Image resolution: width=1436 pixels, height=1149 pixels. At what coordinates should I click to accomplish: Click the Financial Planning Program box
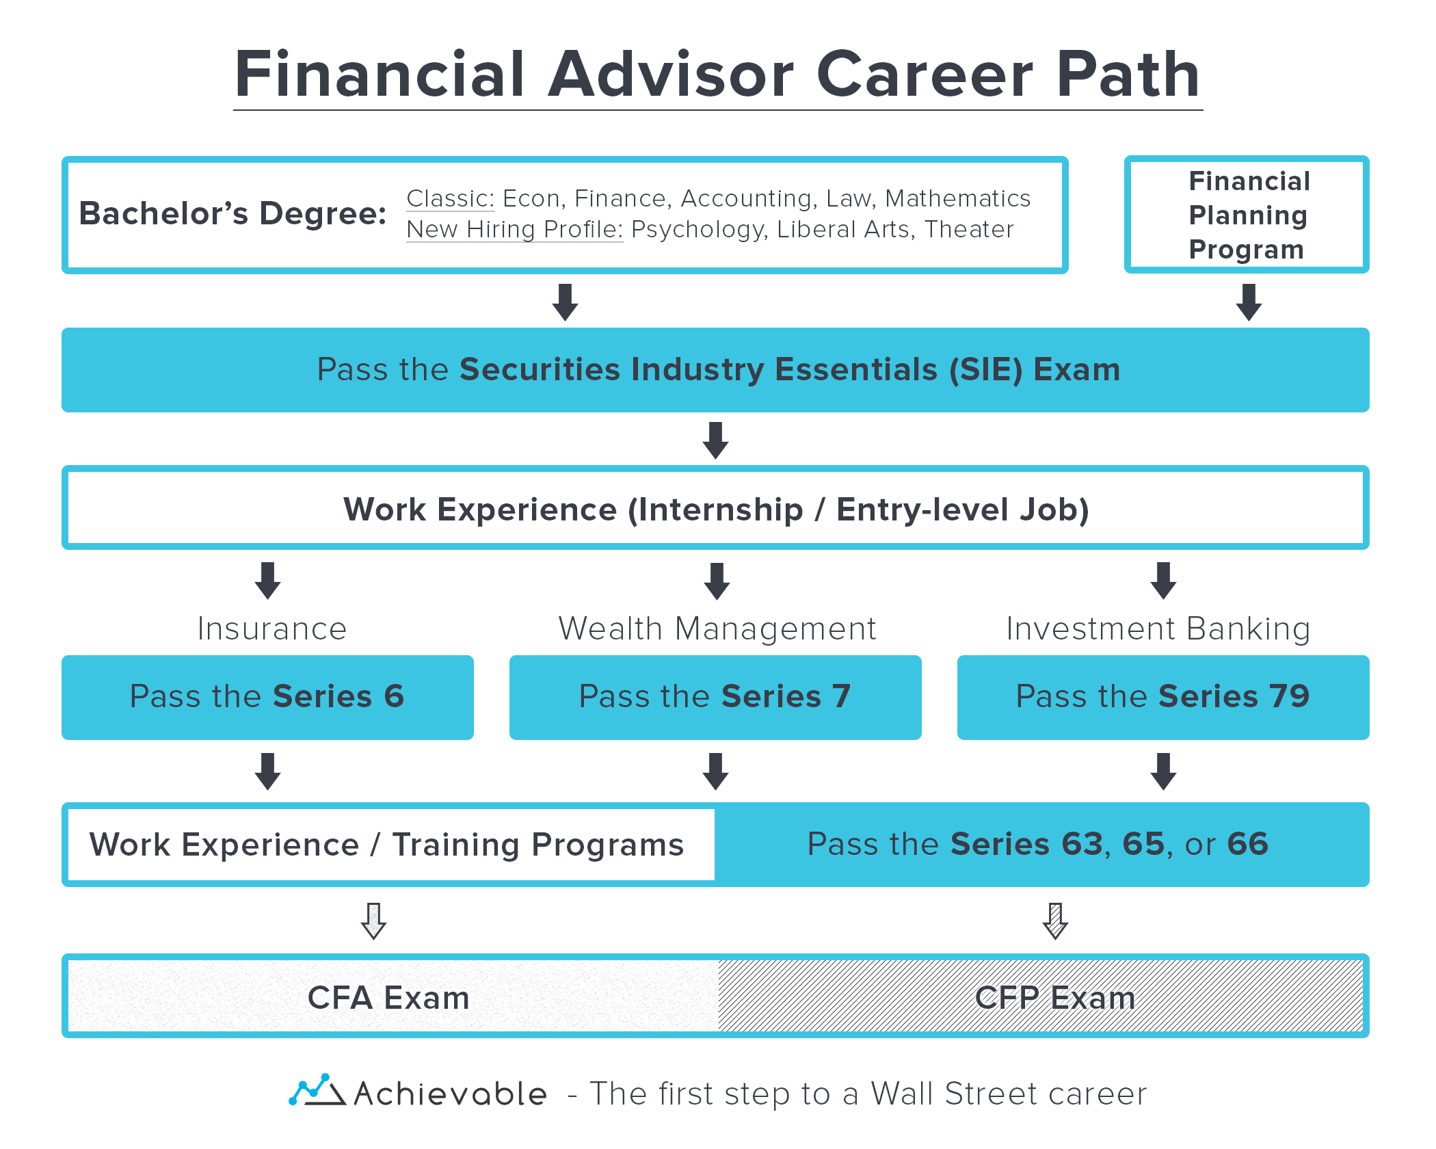tap(1247, 215)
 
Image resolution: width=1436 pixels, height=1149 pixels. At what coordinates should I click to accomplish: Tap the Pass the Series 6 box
tap(267, 697)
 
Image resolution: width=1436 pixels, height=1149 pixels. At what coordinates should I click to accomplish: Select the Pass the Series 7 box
tap(715, 697)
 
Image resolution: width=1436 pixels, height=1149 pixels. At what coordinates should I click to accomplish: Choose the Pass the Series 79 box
tap(1162, 697)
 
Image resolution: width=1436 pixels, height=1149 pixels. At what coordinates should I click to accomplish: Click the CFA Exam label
tap(388, 998)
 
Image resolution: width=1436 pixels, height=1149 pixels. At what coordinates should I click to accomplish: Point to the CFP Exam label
tap(1055, 998)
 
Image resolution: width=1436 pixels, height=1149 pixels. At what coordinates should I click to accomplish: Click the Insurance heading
tap(272, 629)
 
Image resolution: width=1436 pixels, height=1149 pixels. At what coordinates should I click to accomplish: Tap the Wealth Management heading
tap(717, 629)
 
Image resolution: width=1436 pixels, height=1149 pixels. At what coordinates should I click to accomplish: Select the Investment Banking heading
tap(1158, 629)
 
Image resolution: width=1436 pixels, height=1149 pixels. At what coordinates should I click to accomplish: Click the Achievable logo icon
tap(316, 1090)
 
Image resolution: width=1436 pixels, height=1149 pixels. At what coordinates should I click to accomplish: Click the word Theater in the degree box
tap(969, 230)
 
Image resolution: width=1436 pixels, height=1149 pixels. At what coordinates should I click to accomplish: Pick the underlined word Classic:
tap(450, 198)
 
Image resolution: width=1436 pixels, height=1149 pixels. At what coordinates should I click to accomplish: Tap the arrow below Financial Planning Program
tap(1249, 302)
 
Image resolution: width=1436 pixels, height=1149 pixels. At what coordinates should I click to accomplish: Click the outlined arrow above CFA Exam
tap(373, 921)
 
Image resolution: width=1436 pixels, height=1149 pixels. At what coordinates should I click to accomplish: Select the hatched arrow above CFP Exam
tap(1055, 921)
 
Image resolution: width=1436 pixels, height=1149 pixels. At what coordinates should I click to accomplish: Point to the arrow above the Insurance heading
tap(267, 581)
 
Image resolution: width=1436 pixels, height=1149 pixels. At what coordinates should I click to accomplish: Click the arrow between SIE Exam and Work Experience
tap(715, 440)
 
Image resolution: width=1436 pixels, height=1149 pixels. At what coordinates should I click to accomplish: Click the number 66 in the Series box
tap(1248, 844)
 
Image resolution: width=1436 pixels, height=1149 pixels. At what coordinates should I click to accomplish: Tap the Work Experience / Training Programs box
tap(387, 845)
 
